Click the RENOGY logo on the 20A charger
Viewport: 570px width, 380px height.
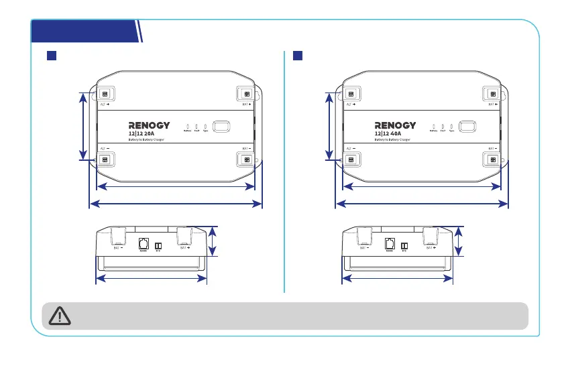149,125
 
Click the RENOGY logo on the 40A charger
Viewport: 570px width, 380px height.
395,125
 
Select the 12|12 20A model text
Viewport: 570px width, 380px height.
141,133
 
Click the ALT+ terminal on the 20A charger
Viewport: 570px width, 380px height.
105,94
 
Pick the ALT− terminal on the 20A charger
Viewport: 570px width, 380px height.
105,159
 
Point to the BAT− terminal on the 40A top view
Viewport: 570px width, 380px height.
492,159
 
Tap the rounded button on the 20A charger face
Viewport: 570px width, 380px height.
221,126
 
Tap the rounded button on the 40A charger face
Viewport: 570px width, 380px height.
467,126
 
